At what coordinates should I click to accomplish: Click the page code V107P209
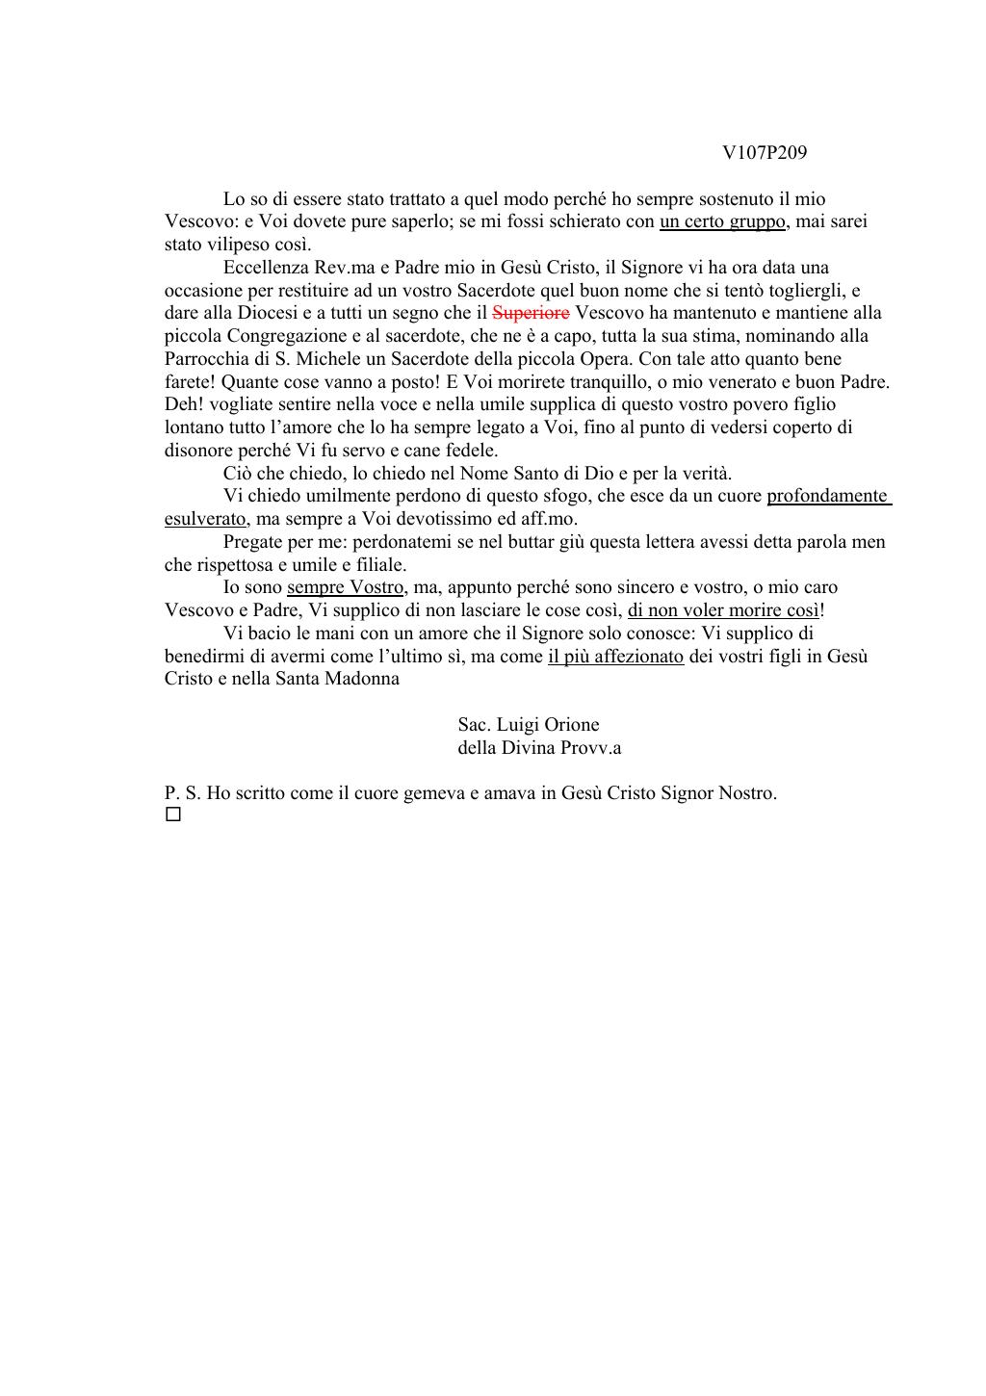coord(765,153)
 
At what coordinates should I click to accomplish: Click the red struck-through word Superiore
coord(531,313)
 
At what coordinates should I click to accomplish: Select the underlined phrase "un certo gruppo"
coord(722,221)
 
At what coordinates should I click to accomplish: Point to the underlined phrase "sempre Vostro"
coord(345,587)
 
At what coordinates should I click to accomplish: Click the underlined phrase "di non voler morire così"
coord(723,610)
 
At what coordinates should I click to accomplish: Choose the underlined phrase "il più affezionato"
coord(615,657)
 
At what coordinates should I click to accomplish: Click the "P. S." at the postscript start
coord(182,794)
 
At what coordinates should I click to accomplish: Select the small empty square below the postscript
coord(173,815)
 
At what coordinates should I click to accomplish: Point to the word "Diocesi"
coord(269,313)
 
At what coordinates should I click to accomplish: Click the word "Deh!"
coord(183,404)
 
